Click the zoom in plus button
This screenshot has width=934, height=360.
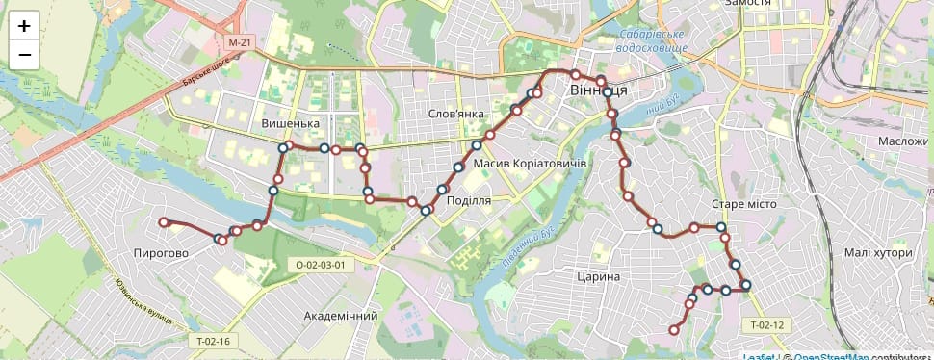tap(24, 26)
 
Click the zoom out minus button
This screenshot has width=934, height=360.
tap(24, 55)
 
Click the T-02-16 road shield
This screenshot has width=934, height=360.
tap(212, 341)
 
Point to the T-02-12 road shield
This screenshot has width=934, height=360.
tap(768, 325)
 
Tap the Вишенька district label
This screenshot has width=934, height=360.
tap(290, 124)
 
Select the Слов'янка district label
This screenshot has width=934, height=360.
tap(455, 114)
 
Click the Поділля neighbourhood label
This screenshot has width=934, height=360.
tap(469, 200)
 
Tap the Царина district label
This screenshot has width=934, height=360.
tap(598, 277)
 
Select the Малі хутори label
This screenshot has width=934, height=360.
tap(876, 252)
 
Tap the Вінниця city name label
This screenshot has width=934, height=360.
tap(599, 90)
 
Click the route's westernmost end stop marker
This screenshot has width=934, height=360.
tap(164, 222)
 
